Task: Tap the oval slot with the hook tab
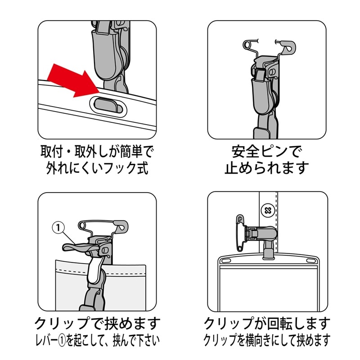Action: (108, 106)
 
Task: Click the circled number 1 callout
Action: (58, 227)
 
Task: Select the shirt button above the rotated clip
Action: (268, 210)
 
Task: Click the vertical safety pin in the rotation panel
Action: (240, 234)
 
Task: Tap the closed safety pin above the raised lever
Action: (103, 226)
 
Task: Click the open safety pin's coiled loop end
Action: (247, 44)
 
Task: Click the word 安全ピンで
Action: (266, 152)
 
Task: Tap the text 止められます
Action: (266, 167)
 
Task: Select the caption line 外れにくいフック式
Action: (97, 167)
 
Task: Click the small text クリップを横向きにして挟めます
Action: (267, 340)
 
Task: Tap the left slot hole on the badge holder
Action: (225, 261)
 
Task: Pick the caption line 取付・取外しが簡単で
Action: (97, 152)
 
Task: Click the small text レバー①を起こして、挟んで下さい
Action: (97, 340)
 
